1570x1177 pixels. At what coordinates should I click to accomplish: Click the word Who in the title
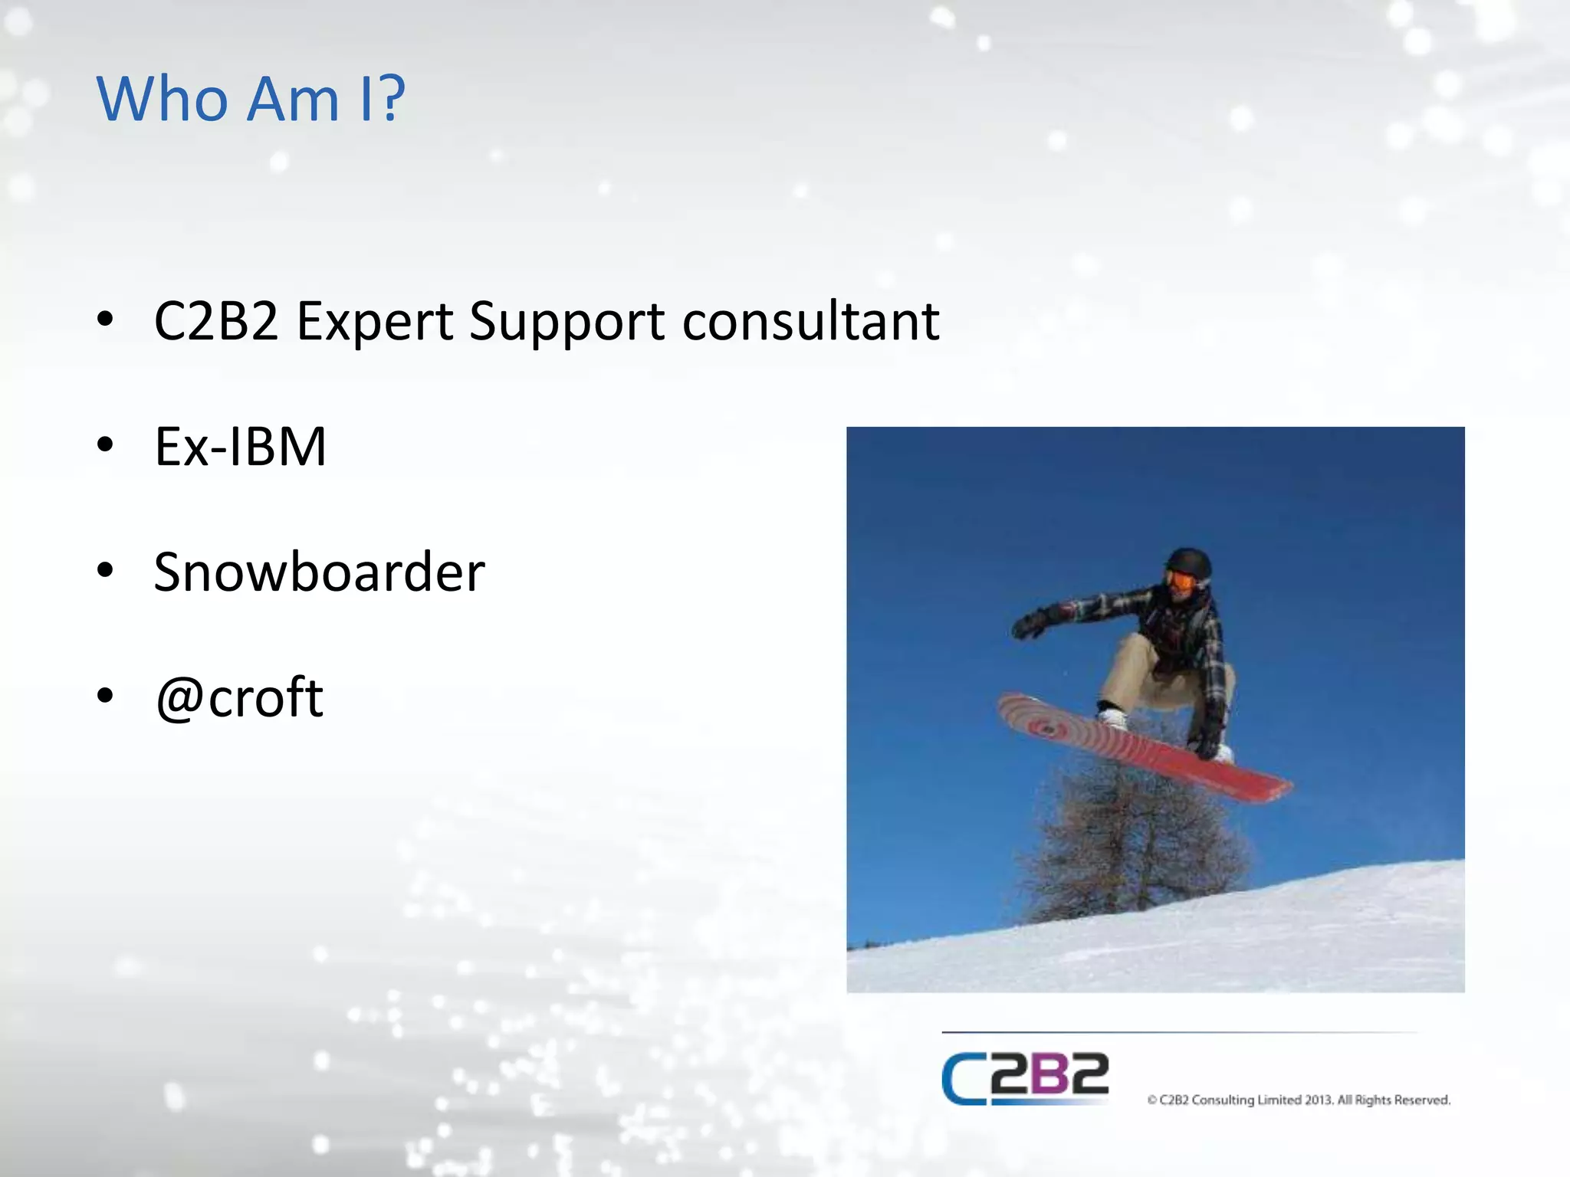coord(163,100)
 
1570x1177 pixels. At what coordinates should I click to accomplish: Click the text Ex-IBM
coord(240,447)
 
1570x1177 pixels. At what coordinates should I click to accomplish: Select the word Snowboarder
coord(319,572)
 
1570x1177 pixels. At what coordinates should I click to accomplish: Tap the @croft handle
coord(239,699)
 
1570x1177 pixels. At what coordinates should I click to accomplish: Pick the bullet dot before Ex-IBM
coord(106,444)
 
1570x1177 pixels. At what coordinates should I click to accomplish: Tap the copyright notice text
coord(1299,1100)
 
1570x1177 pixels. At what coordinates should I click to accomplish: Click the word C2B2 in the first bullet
coord(216,322)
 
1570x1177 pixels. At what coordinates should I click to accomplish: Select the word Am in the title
coord(294,100)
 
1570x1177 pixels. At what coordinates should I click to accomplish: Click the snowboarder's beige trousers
coord(1142,674)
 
